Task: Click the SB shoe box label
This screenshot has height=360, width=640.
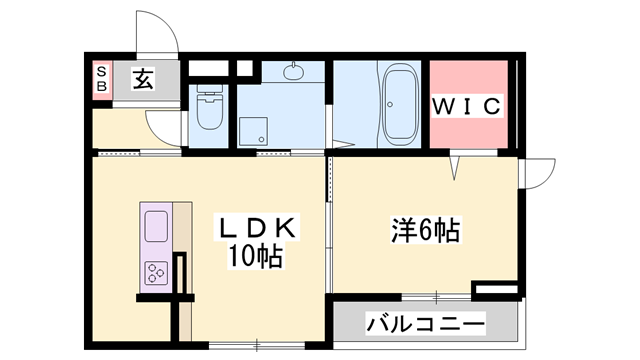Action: pyautogui.click(x=101, y=78)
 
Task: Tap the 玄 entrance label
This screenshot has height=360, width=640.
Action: pyautogui.click(x=143, y=78)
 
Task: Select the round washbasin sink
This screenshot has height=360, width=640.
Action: pyautogui.click(x=294, y=70)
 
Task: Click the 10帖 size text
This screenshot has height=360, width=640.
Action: pyautogui.click(x=257, y=256)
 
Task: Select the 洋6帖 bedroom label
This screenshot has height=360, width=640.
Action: pyautogui.click(x=424, y=231)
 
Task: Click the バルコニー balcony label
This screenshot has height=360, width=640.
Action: pyautogui.click(x=425, y=324)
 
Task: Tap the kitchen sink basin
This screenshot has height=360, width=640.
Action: pyautogui.click(x=157, y=226)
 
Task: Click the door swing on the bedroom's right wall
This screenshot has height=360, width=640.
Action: pyautogui.click(x=535, y=172)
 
